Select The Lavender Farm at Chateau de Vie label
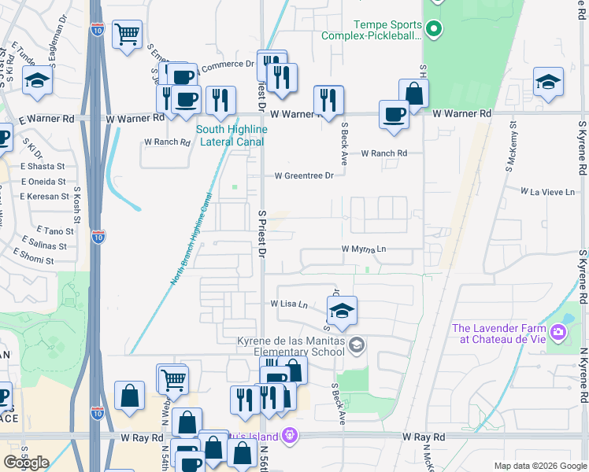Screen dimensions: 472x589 (x=498, y=333)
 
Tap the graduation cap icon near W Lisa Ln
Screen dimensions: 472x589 (x=342, y=311)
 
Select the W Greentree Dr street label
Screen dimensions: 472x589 (x=304, y=175)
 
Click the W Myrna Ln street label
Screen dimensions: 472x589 (x=365, y=249)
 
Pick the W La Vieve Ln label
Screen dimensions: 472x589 (x=547, y=191)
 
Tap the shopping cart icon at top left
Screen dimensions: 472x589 (x=127, y=35)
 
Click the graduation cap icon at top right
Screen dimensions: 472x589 (x=548, y=82)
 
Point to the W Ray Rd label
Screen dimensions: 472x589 (x=424, y=437)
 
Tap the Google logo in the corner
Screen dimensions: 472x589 (x=26, y=463)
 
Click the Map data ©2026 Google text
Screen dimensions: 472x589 (x=539, y=466)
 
